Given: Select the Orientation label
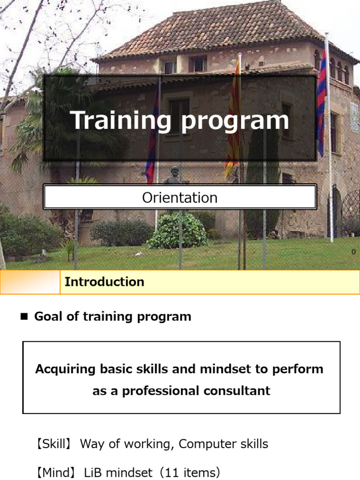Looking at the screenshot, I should point(180,197).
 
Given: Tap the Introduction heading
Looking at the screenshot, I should point(105,282).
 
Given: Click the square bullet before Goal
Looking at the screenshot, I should point(24,317).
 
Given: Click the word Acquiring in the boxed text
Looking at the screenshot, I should point(66,369).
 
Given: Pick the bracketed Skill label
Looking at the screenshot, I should point(52,444).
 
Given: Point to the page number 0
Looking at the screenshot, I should point(353,252).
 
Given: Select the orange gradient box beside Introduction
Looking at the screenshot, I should point(30,282).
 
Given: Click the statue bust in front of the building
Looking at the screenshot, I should point(174,175).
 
